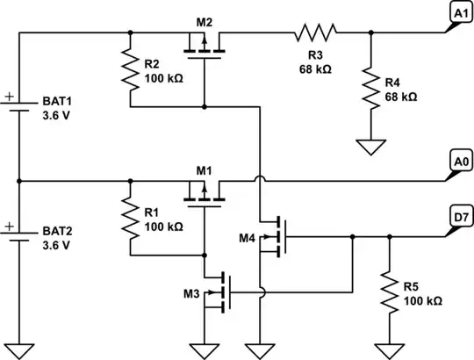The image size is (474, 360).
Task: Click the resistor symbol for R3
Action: point(316,33)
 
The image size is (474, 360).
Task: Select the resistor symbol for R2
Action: point(130,69)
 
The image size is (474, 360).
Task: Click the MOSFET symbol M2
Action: point(204,42)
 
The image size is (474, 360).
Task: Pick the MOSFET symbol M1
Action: point(204,191)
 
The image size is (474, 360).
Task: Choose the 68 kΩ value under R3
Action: point(316,68)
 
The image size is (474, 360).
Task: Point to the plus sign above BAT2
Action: point(10,226)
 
